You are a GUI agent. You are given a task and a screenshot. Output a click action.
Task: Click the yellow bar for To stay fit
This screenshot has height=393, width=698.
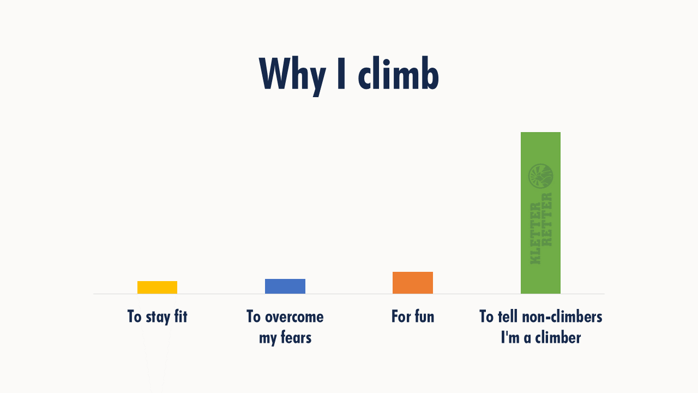[x=158, y=287]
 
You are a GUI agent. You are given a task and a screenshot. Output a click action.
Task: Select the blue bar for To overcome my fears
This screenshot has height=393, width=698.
[x=285, y=287]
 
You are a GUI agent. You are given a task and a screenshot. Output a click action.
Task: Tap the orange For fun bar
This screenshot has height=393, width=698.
[x=413, y=283]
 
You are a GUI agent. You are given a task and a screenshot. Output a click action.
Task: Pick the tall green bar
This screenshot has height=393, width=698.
[x=540, y=213]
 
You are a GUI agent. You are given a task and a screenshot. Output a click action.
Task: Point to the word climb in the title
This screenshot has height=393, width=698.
[x=399, y=73]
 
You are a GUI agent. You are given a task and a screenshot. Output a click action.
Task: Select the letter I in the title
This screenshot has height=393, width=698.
[x=341, y=74]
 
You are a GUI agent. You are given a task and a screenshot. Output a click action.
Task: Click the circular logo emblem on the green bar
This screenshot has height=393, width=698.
[x=540, y=176]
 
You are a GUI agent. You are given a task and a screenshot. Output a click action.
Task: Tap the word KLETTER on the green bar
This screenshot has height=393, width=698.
[x=535, y=233]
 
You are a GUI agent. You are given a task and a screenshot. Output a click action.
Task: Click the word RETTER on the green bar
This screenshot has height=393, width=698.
[x=547, y=219]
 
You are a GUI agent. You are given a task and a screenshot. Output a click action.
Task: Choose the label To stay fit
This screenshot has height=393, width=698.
[x=158, y=317]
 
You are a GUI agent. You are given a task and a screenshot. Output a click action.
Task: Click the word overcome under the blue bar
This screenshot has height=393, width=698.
[x=294, y=317]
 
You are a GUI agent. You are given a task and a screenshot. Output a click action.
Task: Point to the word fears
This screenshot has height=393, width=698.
[x=296, y=337]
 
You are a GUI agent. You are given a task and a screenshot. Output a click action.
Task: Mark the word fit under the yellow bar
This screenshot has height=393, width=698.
[x=180, y=316]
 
